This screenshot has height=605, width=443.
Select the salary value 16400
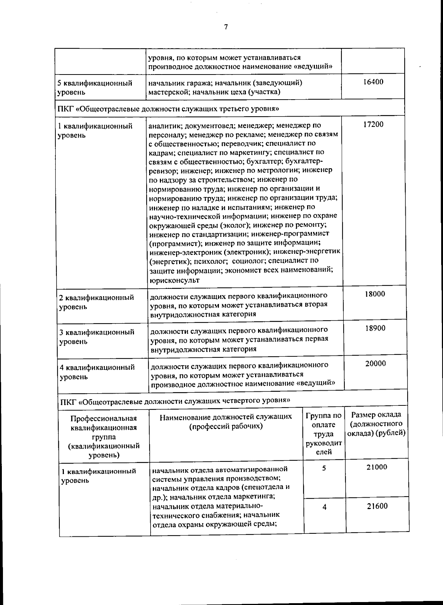(x=373, y=82)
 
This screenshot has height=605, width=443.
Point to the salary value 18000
(x=375, y=294)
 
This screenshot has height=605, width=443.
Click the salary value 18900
(x=375, y=328)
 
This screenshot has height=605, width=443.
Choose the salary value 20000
(x=375, y=364)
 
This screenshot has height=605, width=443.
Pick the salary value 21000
(x=377, y=467)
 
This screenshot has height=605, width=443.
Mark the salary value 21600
(x=377, y=506)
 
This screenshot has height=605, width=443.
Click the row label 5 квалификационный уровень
(x=95, y=88)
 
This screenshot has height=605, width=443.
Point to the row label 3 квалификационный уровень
(x=97, y=337)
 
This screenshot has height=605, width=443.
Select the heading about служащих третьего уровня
(x=168, y=109)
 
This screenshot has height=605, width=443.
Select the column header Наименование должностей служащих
(x=226, y=421)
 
